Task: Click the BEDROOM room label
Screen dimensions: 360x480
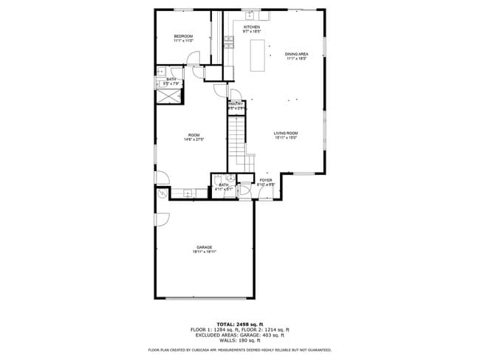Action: [183, 36]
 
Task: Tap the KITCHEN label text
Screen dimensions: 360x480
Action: [252, 27]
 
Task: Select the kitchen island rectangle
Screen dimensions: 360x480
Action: [257, 56]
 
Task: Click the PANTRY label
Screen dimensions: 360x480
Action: [236, 104]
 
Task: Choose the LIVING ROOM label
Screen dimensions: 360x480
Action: [287, 134]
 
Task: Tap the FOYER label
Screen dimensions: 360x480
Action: [266, 180]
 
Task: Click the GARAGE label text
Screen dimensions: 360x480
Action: [204, 247]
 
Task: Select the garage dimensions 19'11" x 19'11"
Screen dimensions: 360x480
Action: [204, 252]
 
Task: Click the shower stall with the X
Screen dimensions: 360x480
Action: [171, 94]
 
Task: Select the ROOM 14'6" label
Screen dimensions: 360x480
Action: [193, 136]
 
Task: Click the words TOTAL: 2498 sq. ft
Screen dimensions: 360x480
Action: [240, 324]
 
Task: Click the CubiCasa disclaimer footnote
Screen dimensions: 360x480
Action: [240, 350]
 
